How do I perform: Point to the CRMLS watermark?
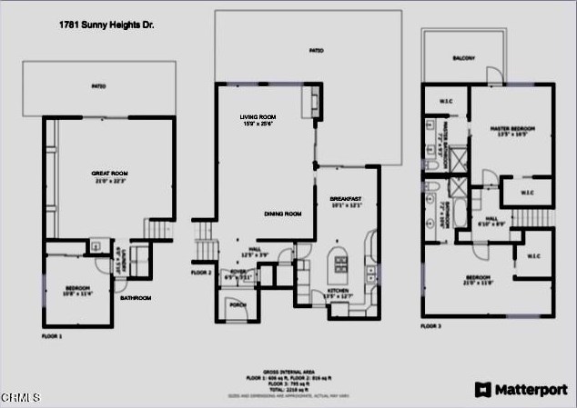[20, 398]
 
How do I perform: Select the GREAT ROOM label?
[109, 174]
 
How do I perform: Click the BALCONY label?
[464, 58]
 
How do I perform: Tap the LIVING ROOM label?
[258, 119]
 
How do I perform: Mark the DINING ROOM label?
[282, 214]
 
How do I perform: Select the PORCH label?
[237, 305]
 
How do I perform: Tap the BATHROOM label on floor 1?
[136, 297]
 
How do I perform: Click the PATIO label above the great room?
[98, 87]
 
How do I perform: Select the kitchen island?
[341, 263]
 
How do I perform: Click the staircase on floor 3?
[533, 219]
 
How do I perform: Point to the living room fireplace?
[314, 96]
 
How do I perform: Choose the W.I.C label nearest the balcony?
[446, 101]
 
